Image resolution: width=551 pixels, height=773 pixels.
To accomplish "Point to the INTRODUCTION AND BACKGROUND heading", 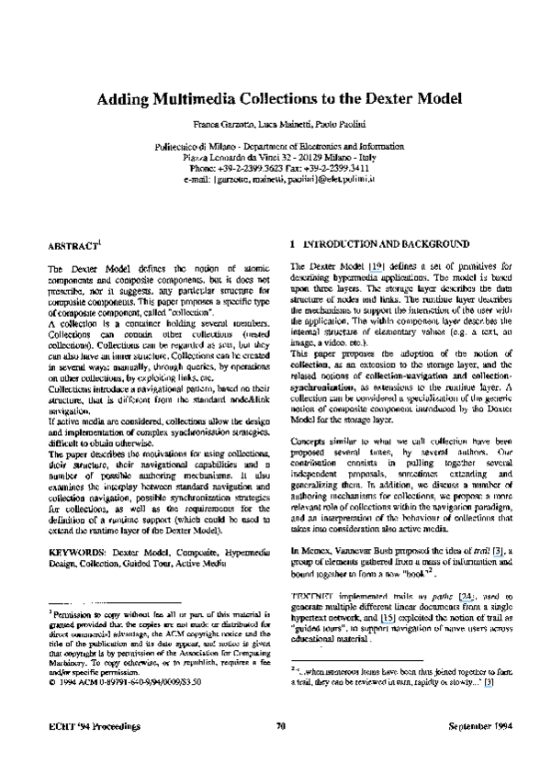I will [379, 246].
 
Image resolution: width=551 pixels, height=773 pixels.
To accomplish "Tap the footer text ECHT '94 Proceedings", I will [95, 726].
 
